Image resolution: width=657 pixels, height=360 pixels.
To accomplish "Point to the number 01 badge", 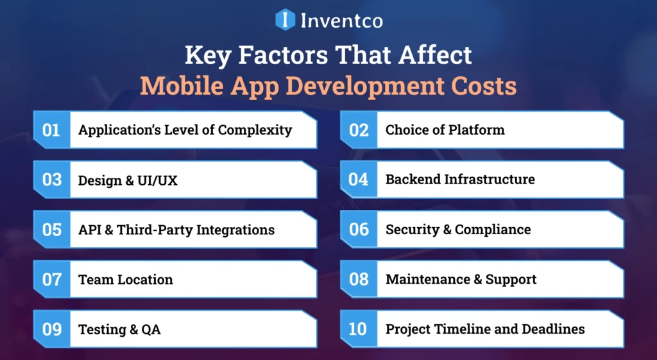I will point(51,130).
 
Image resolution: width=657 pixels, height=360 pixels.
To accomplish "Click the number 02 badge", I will point(358,130).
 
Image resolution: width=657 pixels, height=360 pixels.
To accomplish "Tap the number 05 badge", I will point(51,230).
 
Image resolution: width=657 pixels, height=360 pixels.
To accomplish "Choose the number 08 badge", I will point(358,279).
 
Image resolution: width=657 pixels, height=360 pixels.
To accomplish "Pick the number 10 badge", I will point(358,329).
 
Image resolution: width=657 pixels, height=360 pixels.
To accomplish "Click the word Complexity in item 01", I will point(255,130).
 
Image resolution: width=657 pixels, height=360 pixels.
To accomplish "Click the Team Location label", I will point(125,280).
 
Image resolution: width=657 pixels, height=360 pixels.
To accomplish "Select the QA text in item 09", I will point(151,330).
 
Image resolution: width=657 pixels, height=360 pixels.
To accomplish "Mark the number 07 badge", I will point(51,279).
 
